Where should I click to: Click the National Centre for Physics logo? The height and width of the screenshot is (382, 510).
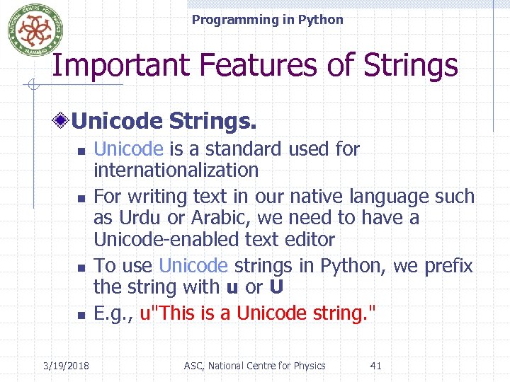tap(30, 29)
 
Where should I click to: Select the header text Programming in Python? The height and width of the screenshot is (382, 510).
tap(267, 20)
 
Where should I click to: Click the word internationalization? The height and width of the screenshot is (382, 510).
tap(176, 170)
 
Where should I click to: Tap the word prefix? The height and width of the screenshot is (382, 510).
tap(448, 266)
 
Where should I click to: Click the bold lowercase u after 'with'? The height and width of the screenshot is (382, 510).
tap(232, 288)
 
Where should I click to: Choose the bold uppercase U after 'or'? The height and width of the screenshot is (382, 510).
tap(278, 288)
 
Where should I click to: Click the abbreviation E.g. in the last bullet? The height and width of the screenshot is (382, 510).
tap(114, 313)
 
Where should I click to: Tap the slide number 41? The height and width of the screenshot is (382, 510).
tap(375, 366)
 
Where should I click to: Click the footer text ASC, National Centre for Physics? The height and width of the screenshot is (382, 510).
tap(254, 366)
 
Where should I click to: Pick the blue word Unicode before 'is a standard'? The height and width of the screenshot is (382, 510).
tap(129, 149)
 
